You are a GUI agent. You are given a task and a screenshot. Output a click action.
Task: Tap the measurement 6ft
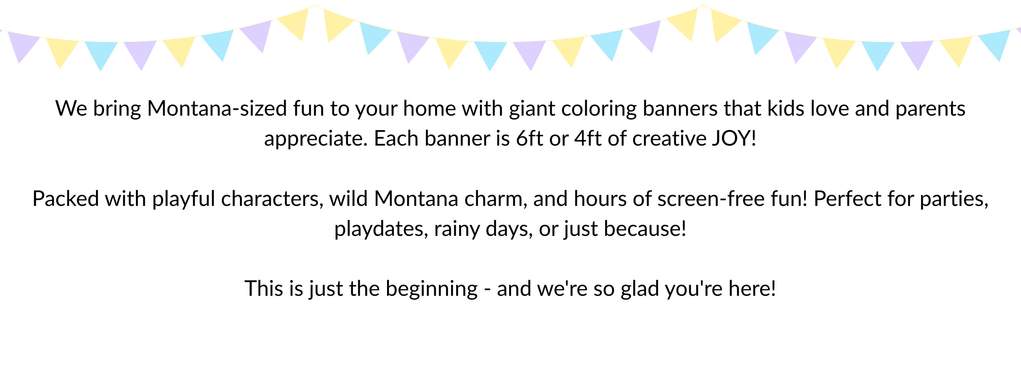(x=530, y=138)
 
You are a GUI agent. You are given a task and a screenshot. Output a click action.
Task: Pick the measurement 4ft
(x=588, y=138)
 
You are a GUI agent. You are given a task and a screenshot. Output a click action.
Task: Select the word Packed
(x=65, y=198)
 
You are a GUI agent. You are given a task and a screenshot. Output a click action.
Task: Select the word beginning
(x=432, y=289)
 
